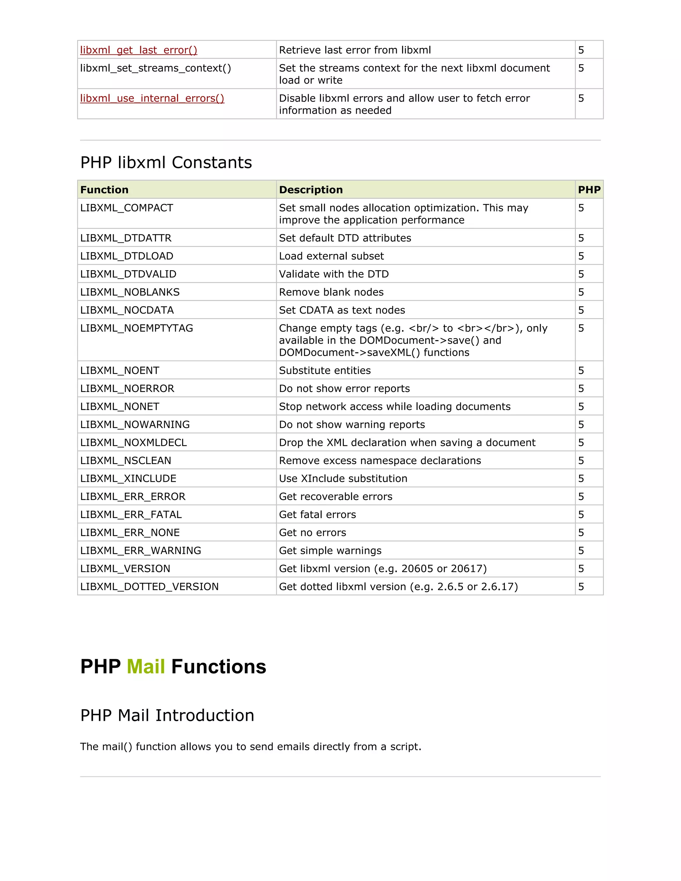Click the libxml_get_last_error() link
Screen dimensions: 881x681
click(138, 50)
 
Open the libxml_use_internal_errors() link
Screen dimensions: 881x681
click(152, 98)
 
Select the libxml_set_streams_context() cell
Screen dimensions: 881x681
click(155, 68)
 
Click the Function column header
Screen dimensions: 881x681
click(104, 189)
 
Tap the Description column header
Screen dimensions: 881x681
click(311, 189)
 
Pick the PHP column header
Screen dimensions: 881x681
click(589, 189)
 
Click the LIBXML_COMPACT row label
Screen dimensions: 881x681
click(127, 208)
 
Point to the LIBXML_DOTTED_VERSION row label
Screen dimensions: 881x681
click(149, 586)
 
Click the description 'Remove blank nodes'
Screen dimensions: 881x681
click(331, 292)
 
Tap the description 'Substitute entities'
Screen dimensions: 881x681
click(325, 370)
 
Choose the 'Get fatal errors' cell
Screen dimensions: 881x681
click(318, 515)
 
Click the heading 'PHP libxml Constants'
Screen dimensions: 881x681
click(166, 163)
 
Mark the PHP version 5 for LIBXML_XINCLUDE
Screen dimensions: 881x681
click(581, 479)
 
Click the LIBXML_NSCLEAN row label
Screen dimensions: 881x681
click(125, 461)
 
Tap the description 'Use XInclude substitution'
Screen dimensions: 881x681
click(343, 479)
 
